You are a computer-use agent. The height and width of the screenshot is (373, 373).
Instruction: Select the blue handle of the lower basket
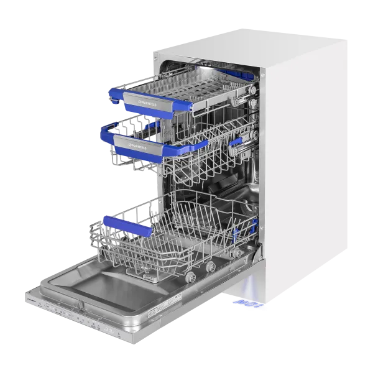(x=131, y=225)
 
